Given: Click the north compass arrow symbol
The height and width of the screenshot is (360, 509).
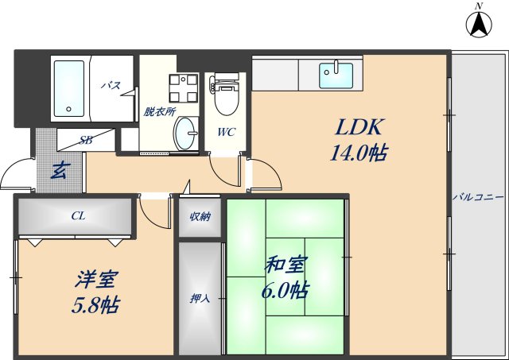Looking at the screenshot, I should coord(479,24).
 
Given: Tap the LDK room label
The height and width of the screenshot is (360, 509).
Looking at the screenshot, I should coord(358,127).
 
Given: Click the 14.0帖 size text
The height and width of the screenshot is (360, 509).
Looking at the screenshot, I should coord(358,153).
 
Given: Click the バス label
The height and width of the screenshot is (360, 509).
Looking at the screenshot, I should coord(111,85).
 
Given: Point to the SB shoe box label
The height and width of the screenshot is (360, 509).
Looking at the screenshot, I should coord(85,140).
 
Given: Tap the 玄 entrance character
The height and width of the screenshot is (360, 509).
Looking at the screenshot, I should coord(57,169).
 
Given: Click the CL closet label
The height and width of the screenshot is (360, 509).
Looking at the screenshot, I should coord(78,215).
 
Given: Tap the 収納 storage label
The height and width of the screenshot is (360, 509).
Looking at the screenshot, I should coord(200,216).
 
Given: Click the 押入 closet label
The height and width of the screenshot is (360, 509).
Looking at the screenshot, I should coord(200,299).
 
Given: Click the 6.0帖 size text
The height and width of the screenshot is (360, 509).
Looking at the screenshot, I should coord(286,289).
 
